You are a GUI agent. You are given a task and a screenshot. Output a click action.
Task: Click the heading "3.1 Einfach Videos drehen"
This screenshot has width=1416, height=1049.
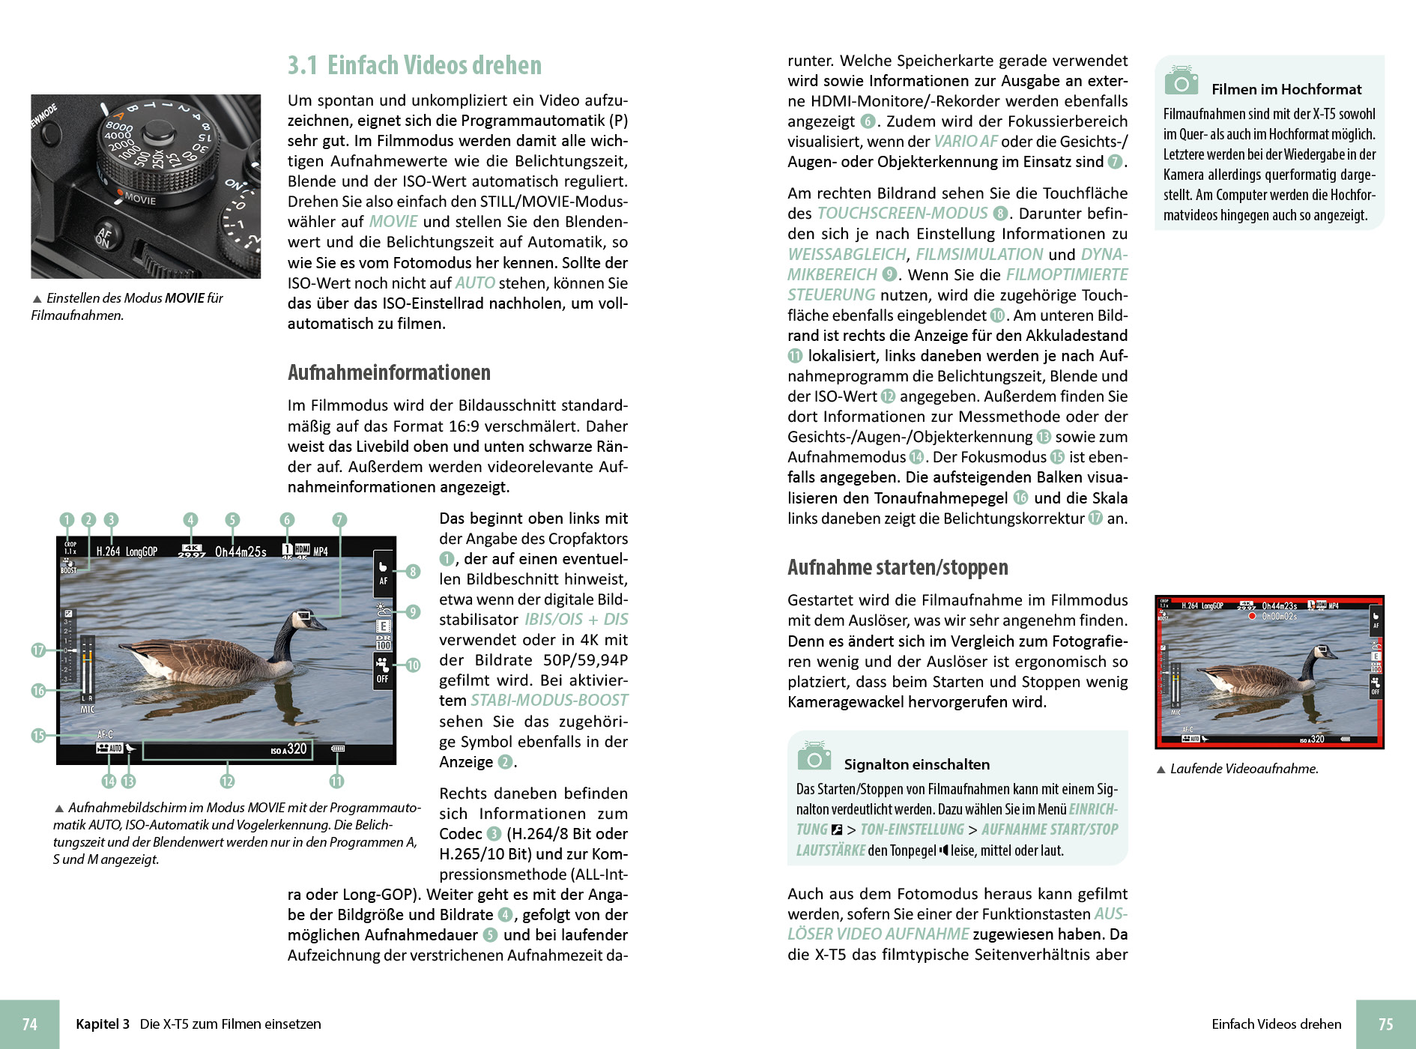point(414,66)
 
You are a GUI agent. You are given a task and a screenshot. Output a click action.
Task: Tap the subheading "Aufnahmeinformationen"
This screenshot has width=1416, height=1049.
point(389,372)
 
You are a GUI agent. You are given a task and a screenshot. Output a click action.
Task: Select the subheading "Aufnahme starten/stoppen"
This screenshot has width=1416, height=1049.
point(898,567)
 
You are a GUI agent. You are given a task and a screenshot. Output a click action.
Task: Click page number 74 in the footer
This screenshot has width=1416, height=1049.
point(29,1024)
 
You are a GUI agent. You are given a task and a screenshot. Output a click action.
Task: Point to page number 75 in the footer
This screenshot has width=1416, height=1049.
point(1385,1024)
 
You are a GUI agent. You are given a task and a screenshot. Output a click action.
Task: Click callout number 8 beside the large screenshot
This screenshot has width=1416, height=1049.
point(413,572)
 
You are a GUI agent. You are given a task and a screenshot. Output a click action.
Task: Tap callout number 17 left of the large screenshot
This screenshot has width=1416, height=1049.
point(38,650)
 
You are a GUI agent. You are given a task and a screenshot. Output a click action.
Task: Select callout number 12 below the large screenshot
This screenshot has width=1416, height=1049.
point(227,782)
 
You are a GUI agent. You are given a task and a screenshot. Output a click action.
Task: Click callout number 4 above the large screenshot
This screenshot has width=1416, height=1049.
point(191,520)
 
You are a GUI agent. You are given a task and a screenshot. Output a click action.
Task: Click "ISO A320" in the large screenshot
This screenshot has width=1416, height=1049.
point(289,749)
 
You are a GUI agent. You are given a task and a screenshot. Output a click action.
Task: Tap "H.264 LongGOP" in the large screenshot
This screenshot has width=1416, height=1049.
point(127,551)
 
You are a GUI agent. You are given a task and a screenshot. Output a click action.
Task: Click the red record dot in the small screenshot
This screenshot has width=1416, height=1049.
point(1252,616)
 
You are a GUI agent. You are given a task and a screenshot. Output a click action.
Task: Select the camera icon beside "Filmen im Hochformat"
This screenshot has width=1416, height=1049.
point(1181,81)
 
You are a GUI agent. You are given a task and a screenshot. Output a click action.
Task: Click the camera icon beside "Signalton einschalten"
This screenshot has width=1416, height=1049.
point(814,757)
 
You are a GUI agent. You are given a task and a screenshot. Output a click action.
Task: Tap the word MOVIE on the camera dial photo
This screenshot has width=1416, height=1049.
point(140,199)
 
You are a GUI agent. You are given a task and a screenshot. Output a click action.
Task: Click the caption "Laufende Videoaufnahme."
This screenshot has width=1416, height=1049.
point(1244,769)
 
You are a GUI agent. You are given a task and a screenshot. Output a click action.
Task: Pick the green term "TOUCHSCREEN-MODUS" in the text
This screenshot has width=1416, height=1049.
point(902,214)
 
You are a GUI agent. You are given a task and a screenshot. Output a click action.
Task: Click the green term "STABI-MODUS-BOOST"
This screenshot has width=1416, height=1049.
point(549,701)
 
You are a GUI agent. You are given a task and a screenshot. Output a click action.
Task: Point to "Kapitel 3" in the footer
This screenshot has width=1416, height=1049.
point(103,1024)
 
